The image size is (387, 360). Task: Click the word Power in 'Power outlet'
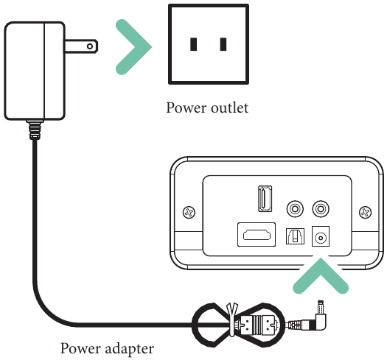pos(186,108)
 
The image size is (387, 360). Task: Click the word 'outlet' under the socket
pos(230,108)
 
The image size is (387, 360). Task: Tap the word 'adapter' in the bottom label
pos(129,349)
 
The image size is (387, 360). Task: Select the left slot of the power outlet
pos(193,44)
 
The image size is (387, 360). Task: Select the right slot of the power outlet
pos(223,44)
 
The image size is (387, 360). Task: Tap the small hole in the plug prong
pos(90,46)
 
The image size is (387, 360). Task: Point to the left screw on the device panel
pos(189,212)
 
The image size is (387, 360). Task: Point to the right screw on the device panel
pos(366,212)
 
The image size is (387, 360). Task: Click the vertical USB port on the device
pos(265,199)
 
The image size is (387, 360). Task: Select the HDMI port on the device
pos(257,235)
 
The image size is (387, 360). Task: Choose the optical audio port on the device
pos(295,236)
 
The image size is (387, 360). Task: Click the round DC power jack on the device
pos(321,238)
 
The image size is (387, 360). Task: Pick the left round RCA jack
pos(295,209)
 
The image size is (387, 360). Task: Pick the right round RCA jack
pos(321,209)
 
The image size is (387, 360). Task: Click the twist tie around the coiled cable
pos(232,320)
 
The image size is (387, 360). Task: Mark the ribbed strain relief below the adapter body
pos(35,130)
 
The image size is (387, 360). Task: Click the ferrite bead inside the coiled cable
pos(257,325)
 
